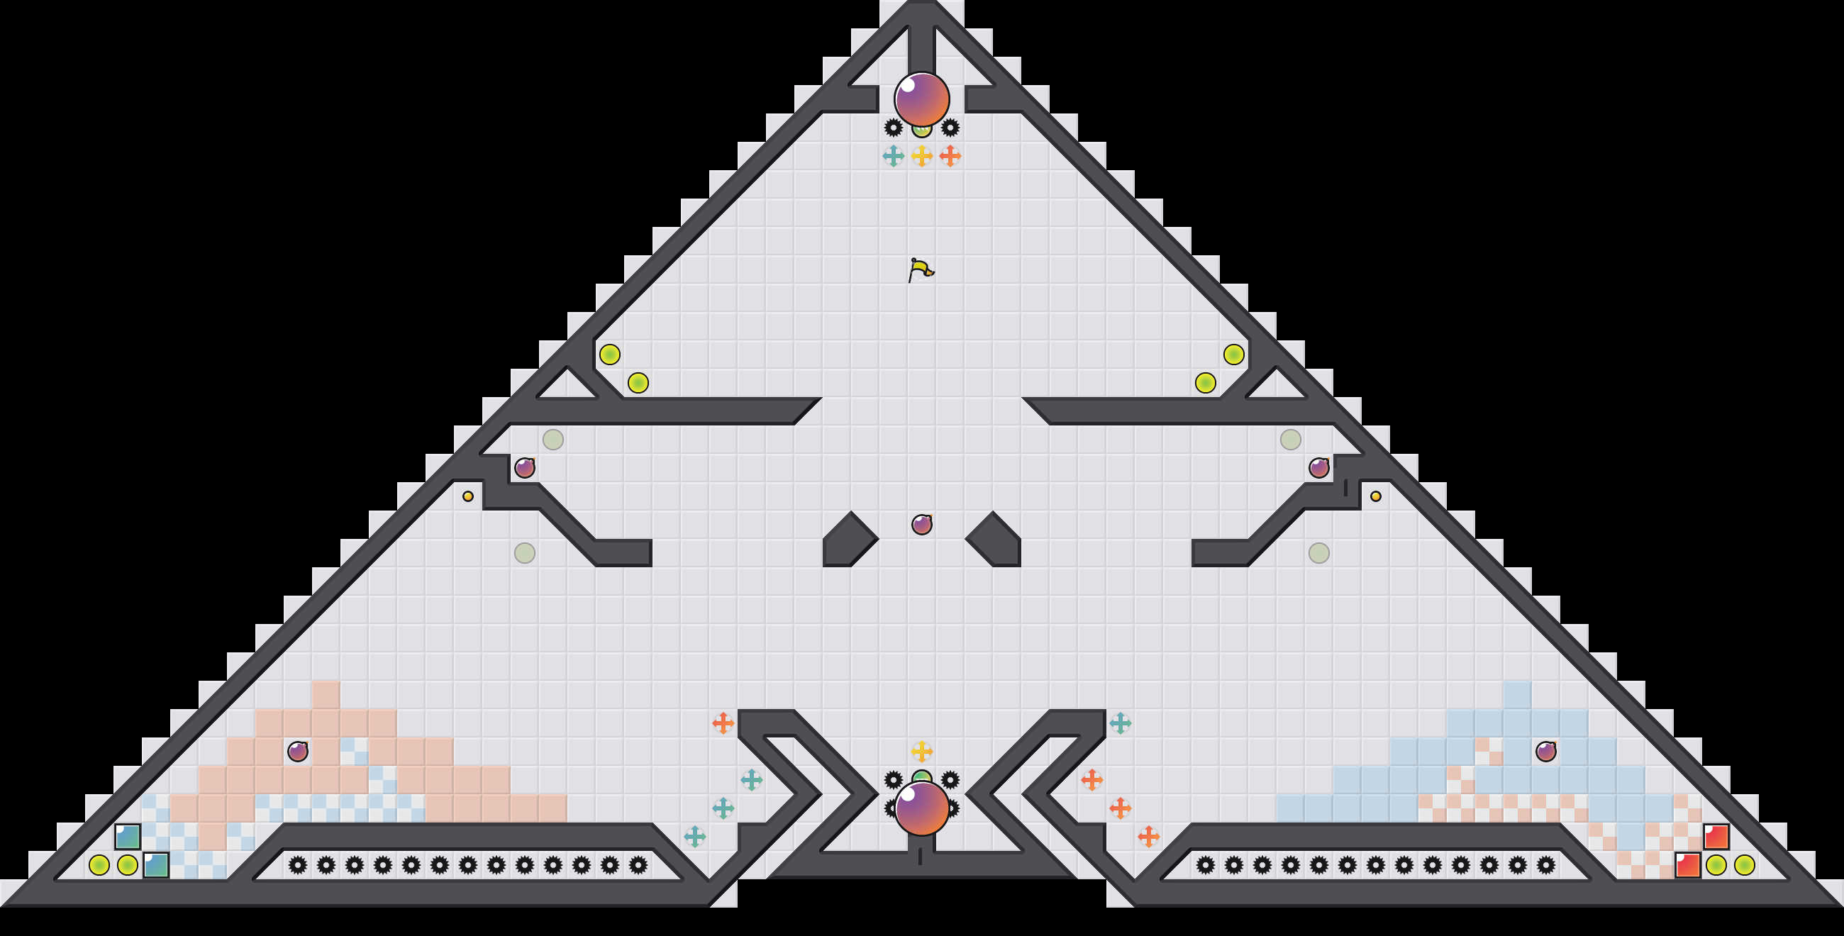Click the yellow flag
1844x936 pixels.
921,269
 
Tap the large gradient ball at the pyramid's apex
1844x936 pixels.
922,99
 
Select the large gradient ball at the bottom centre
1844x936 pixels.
922,808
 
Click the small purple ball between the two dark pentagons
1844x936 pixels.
922,525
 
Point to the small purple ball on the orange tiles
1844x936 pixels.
298,752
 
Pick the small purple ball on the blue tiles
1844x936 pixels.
1546,752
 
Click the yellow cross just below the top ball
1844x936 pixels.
922,156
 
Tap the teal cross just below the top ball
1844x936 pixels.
894,156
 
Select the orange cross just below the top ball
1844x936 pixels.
950,156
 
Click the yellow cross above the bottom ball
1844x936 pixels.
922,752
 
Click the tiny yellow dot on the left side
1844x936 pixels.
468,496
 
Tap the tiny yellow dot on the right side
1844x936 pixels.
1376,496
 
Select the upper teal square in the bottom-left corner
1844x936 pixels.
128,837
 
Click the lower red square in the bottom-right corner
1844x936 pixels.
1688,865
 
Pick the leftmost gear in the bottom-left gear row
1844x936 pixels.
298,865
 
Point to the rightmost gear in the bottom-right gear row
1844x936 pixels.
1546,865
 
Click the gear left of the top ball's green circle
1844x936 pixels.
894,128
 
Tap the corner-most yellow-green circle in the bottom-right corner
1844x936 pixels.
1745,865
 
